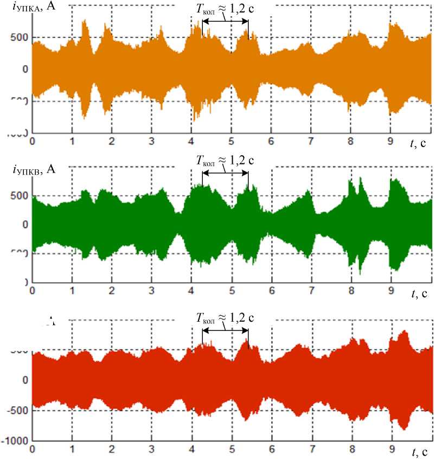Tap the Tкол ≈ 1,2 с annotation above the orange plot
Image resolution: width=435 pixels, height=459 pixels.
pos(225,8)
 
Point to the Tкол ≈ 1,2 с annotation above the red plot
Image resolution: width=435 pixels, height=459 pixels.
pos(225,317)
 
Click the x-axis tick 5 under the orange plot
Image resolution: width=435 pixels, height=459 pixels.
pos(231,141)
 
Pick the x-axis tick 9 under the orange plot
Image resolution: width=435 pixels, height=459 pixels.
pos(390,141)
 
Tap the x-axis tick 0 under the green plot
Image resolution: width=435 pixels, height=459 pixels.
pos(33,291)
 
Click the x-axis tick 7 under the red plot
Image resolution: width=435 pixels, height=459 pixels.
pos(311,449)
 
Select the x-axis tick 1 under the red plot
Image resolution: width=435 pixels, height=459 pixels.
pos(72,449)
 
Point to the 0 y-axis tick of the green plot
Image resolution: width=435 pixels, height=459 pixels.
pos(25,225)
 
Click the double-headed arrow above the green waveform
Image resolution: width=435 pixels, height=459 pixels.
pos(225,173)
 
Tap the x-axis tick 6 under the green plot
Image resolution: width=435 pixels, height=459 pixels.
pos(271,291)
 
